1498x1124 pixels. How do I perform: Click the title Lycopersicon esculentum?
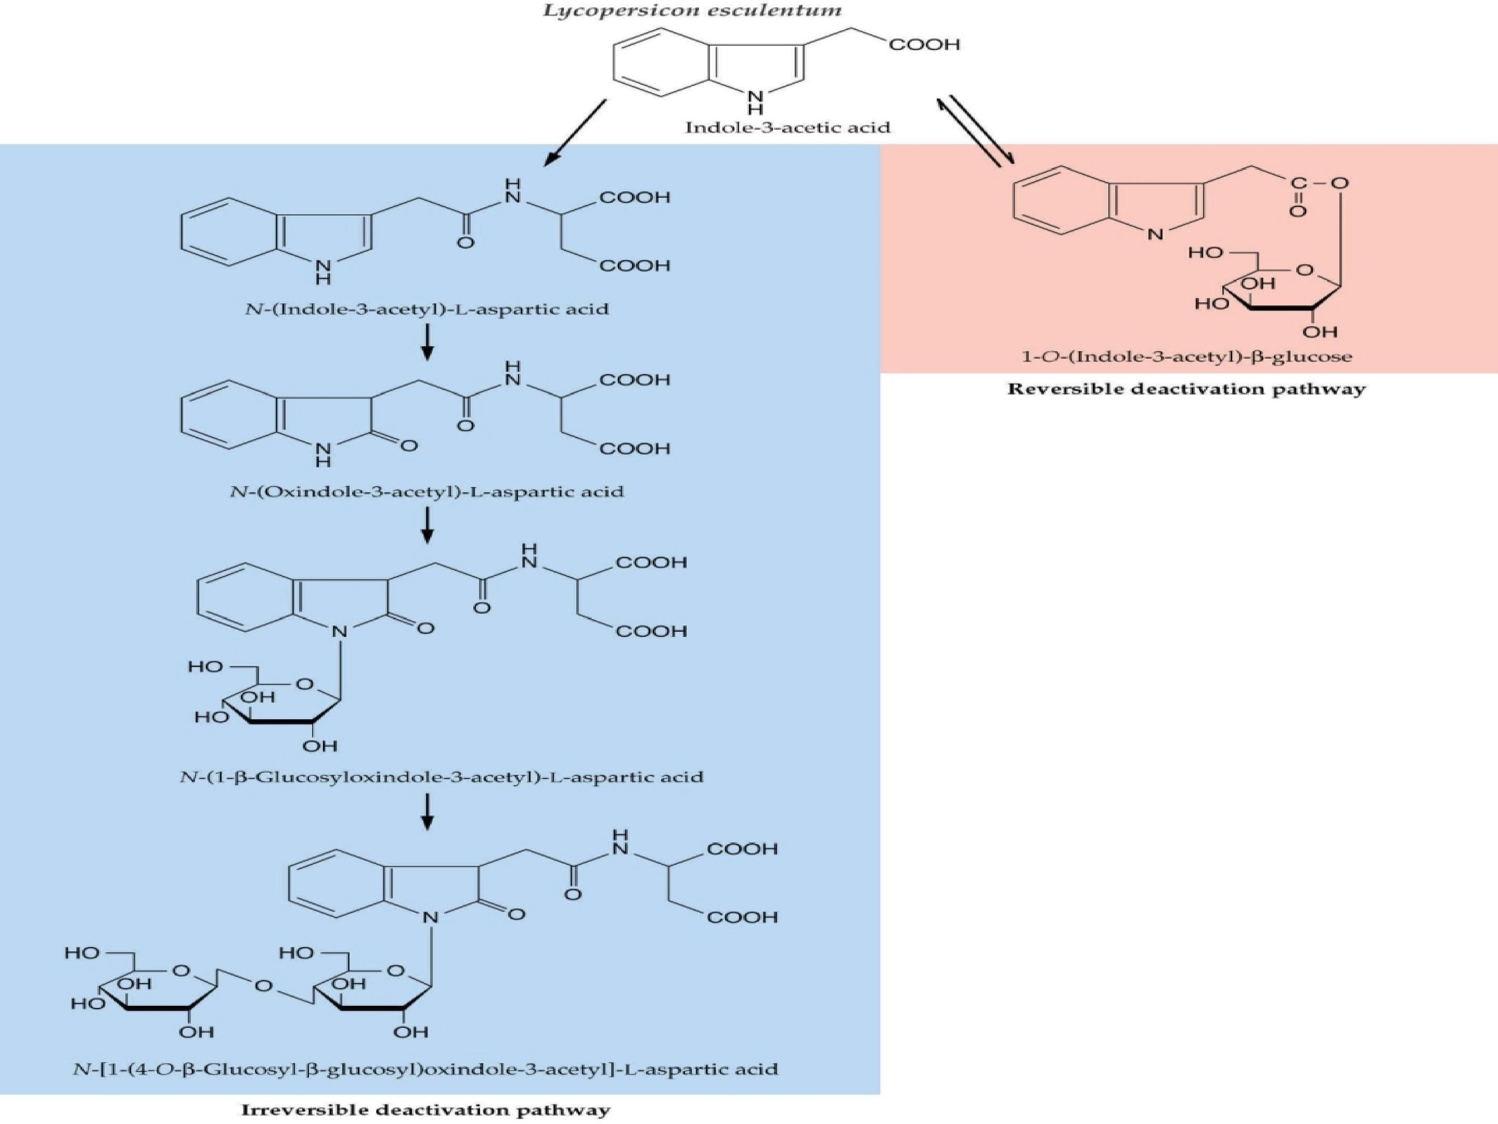pos(693,11)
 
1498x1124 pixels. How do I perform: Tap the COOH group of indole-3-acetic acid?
pos(924,45)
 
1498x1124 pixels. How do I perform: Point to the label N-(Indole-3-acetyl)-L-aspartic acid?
pos(427,310)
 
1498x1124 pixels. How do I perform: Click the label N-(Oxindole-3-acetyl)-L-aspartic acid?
pos(427,491)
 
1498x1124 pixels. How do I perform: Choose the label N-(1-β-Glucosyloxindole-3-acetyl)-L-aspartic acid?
pos(442,776)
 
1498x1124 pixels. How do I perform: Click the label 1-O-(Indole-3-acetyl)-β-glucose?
pos(1186,356)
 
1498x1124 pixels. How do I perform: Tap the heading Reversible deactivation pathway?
pos(1186,389)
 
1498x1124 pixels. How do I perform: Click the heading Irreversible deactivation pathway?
pos(426,1110)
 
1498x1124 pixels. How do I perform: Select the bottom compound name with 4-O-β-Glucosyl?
pos(426,1070)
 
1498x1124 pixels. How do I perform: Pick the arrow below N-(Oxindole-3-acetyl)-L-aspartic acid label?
pos(427,525)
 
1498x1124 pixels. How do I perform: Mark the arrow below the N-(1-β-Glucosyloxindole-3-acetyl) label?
pos(427,812)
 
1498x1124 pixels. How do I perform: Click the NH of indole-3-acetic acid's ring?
pos(755,101)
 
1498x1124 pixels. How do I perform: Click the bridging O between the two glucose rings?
pos(264,986)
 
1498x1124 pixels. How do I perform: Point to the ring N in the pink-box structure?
pos(1155,234)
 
